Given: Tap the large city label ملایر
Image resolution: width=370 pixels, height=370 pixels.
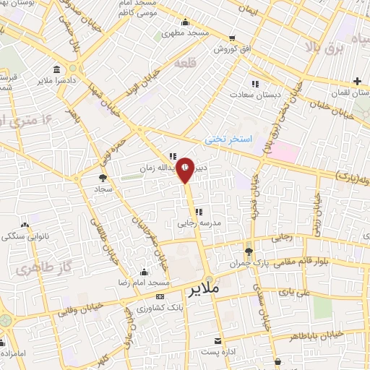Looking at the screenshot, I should [x=205, y=291].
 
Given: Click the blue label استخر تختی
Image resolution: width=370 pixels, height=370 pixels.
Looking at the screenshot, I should [x=227, y=137].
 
